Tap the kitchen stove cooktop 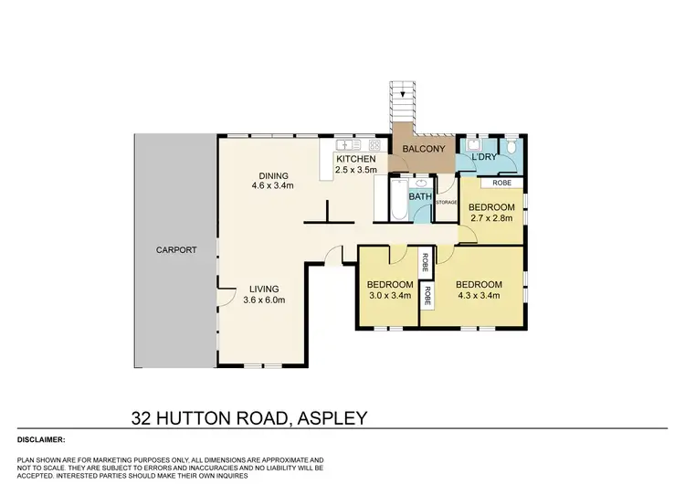coord(373,144)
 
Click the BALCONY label coord(423,149)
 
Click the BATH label coord(420,196)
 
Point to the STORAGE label coord(446,201)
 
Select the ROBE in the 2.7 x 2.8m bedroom coord(501,183)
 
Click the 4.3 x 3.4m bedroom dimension coord(478,295)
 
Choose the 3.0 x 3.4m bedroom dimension coord(388,295)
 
